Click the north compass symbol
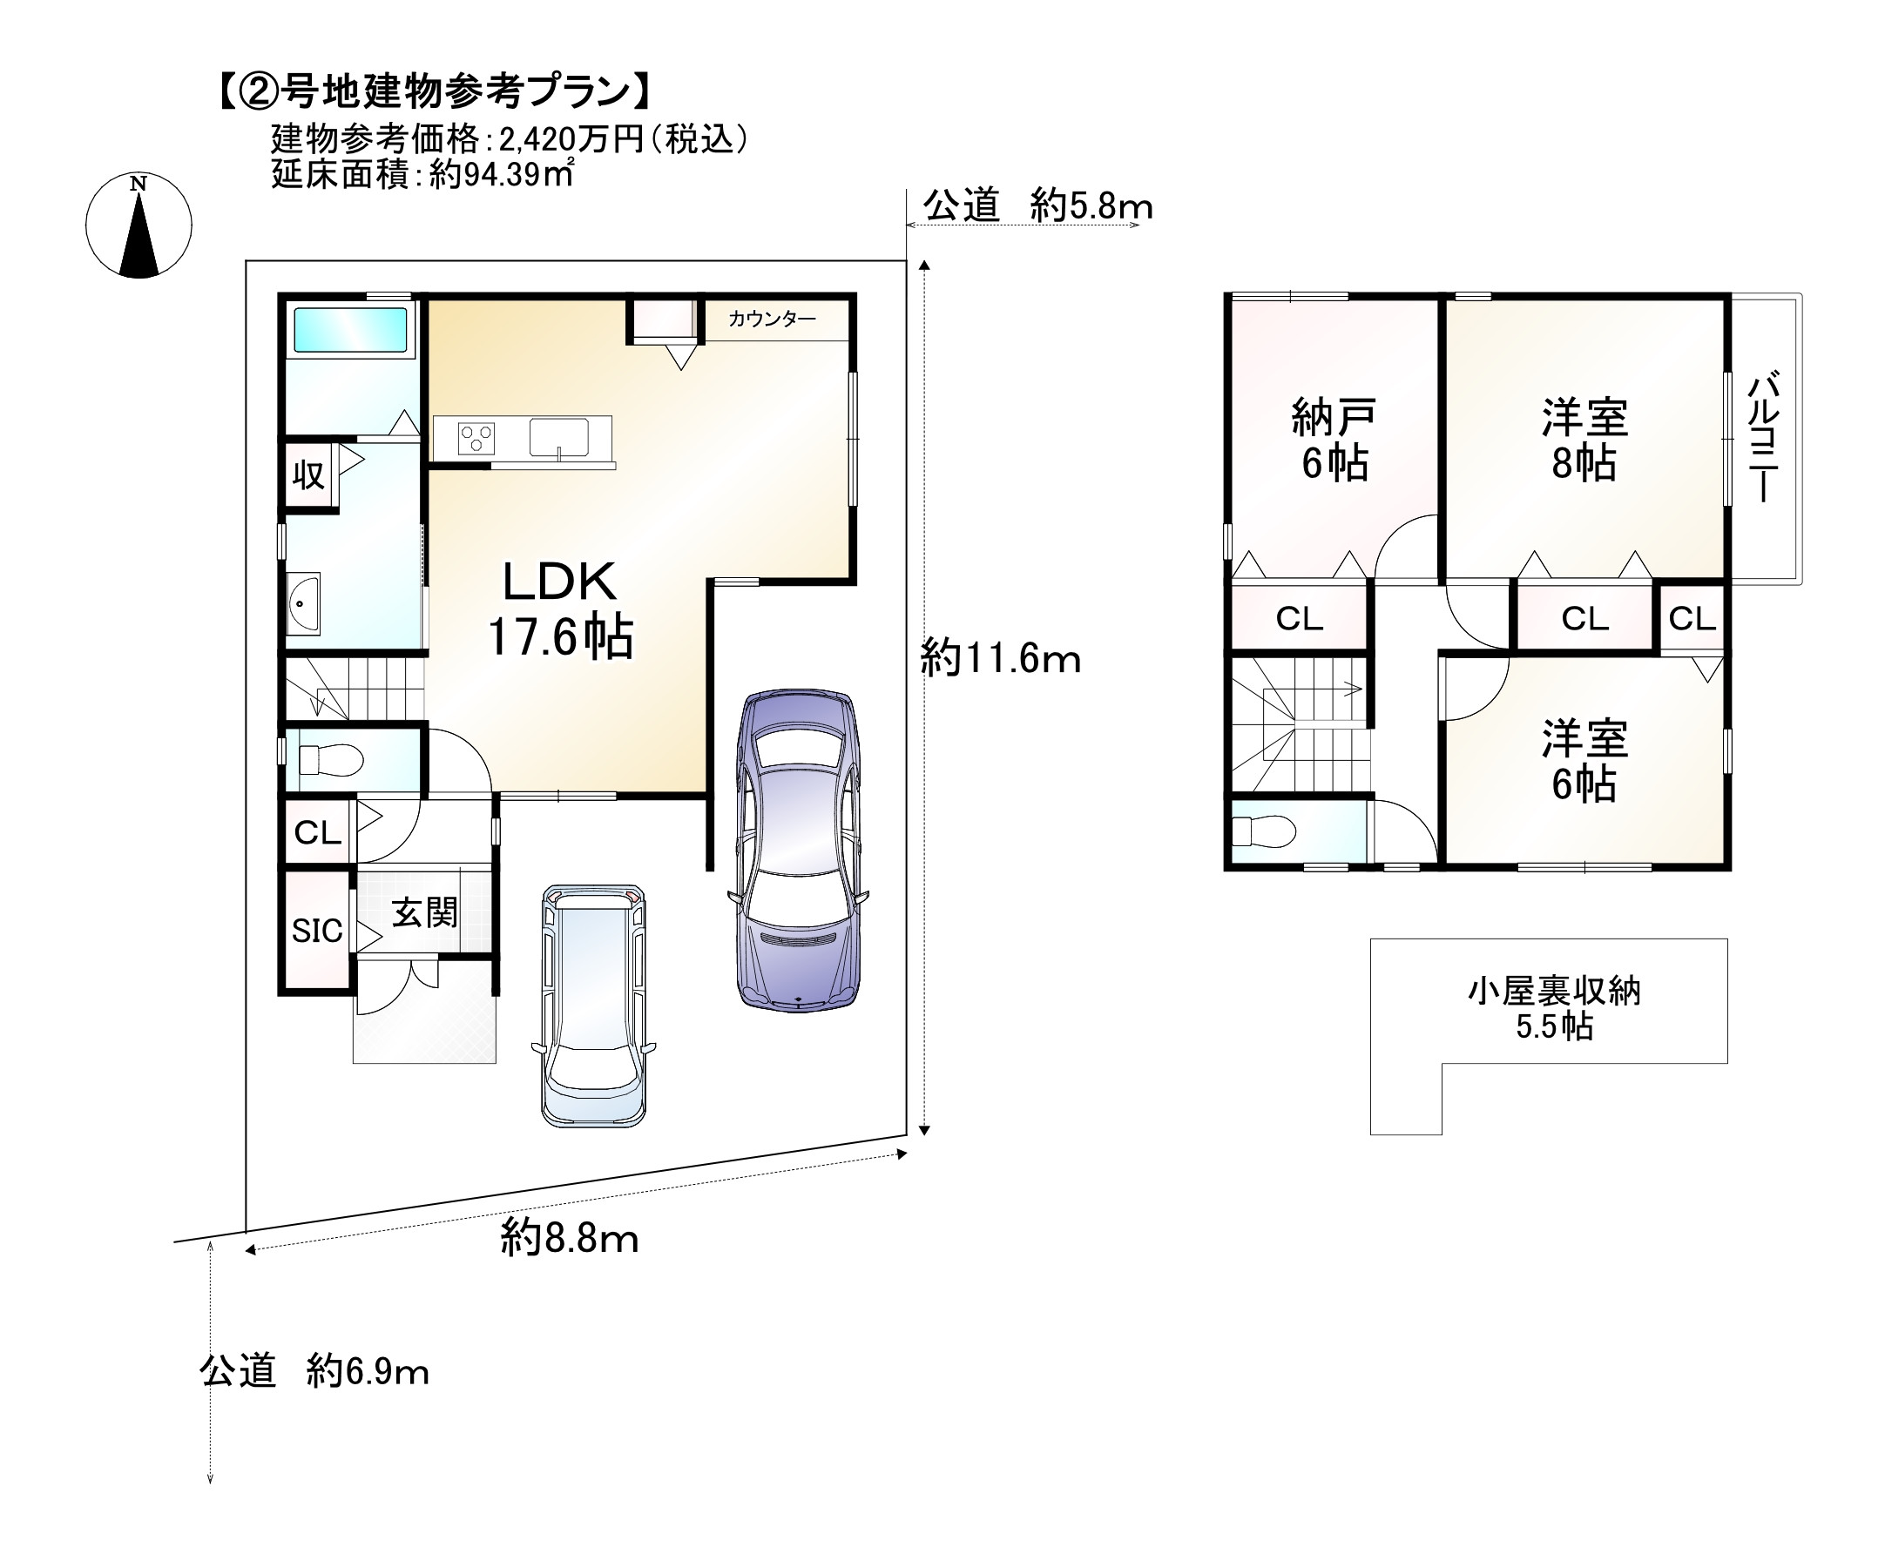(139, 225)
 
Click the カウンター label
(772, 320)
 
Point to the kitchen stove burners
(476, 439)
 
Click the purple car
(798, 851)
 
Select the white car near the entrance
(594, 1005)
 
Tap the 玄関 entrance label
(424, 913)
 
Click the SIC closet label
(317, 931)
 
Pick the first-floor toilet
(331, 761)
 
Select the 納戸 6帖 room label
(1334, 441)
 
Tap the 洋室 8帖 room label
(1584, 441)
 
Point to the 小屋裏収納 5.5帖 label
(1554, 1009)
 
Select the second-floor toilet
(1264, 831)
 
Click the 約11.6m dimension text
(1000, 660)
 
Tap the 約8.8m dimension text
(570, 1239)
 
